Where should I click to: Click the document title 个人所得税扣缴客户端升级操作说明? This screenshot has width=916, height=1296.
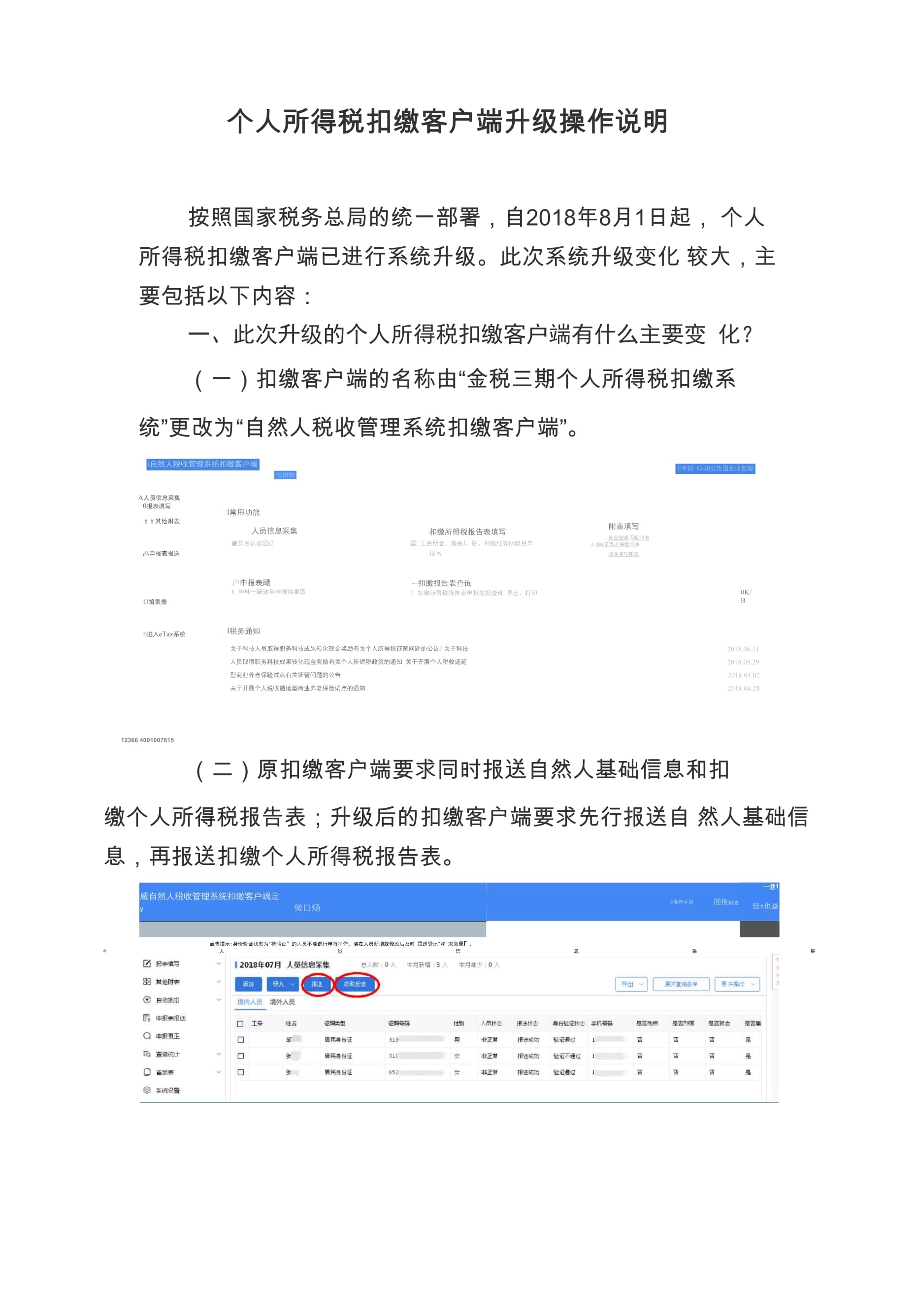(448, 121)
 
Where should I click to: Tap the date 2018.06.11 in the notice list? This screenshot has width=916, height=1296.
(743, 649)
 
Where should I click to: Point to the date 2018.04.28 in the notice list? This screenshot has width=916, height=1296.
(743, 689)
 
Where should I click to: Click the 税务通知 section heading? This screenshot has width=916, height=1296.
(244, 631)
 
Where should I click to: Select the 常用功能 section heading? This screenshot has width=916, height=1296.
(244, 512)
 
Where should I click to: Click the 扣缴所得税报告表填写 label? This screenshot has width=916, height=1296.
(467, 532)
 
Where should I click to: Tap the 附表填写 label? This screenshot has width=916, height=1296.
(623, 526)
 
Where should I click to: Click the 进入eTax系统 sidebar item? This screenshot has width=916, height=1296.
(164, 634)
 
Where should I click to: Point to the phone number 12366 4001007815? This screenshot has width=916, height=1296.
(147, 740)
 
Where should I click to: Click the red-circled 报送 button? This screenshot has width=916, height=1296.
(317, 984)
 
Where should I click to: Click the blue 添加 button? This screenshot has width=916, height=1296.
(248, 984)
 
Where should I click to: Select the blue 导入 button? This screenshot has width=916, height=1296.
(283, 984)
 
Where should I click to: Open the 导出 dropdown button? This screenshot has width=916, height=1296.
(631, 984)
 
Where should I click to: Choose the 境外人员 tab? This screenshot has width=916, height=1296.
(282, 1002)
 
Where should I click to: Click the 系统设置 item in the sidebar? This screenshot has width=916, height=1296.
(167, 1091)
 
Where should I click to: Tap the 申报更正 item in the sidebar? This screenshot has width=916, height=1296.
(167, 1036)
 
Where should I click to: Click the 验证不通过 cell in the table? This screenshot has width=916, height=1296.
(567, 1056)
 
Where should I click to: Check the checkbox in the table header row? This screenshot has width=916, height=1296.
(240, 1024)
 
